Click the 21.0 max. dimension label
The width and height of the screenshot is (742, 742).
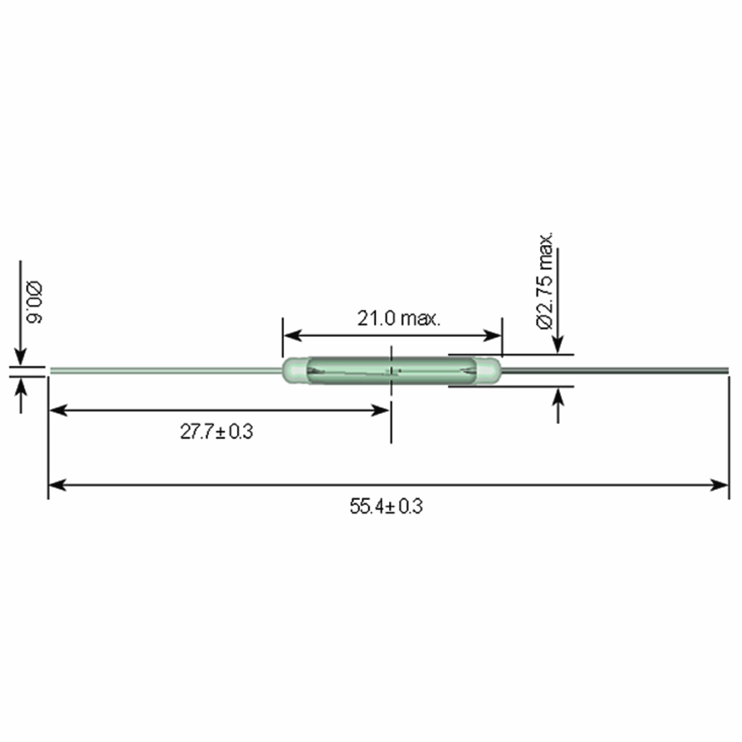tap(398, 318)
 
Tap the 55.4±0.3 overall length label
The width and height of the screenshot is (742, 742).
tap(386, 506)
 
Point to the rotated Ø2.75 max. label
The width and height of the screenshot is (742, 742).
tap(544, 281)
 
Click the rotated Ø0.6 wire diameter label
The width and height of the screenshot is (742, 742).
tap(35, 303)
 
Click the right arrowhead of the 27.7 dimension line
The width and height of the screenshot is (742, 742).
tap(382, 411)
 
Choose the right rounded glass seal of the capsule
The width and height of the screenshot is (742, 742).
tap(488, 371)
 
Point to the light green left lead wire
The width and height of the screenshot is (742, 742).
tap(165, 371)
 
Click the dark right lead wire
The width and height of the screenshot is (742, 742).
tap(615, 371)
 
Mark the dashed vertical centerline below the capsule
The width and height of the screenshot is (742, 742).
tap(391, 422)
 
